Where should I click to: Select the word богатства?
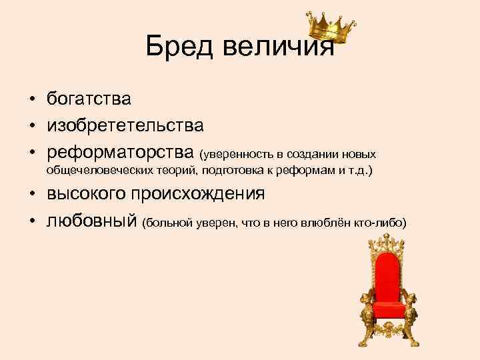(x=89, y=99)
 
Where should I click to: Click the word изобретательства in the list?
(x=125, y=124)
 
